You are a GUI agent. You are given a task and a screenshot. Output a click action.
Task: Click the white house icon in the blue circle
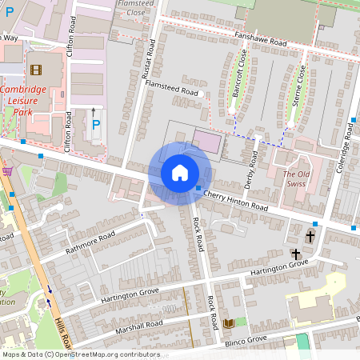[180, 172]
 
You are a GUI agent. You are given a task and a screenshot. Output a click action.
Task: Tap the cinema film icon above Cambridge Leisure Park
[35, 70]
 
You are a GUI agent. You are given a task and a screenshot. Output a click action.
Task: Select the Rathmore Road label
[90, 241]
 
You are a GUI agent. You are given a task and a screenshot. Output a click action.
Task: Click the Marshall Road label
[138, 328]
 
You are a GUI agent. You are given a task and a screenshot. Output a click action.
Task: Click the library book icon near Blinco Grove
[230, 322]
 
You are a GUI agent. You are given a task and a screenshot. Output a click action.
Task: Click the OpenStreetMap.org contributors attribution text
[104, 354]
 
